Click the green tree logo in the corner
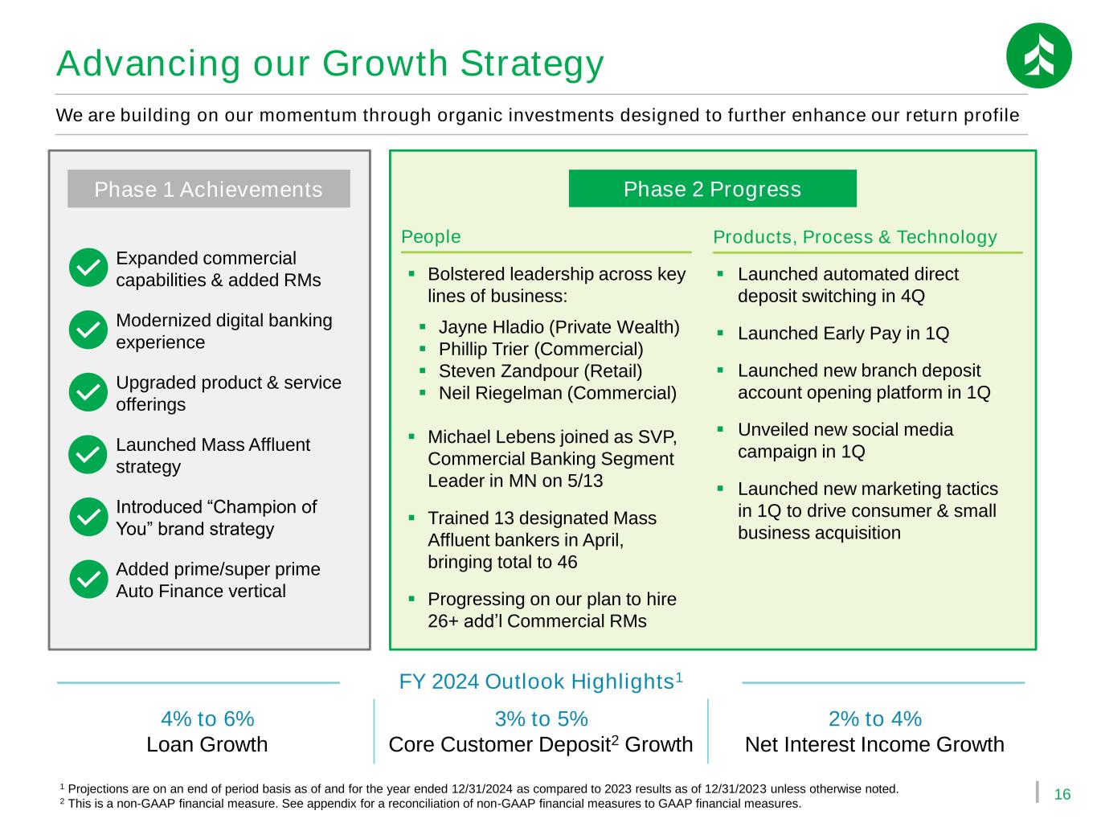(x=1038, y=55)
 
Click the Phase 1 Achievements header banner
(x=208, y=189)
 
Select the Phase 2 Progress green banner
(x=712, y=189)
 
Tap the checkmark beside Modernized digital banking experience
(x=88, y=330)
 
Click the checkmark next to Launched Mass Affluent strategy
(x=88, y=455)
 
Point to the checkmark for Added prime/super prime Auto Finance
(x=88, y=579)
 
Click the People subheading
(x=431, y=237)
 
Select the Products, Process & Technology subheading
(x=854, y=237)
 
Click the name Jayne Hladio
(x=491, y=327)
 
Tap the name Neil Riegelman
(x=500, y=393)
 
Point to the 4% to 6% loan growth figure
(x=207, y=719)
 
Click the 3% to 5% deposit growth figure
(x=541, y=719)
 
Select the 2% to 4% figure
(x=875, y=719)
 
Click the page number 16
(x=1062, y=794)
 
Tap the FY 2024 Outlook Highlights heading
(x=541, y=682)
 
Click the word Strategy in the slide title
(x=532, y=65)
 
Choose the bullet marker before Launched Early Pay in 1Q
(x=720, y=333)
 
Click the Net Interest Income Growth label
(x=874, y=744)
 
